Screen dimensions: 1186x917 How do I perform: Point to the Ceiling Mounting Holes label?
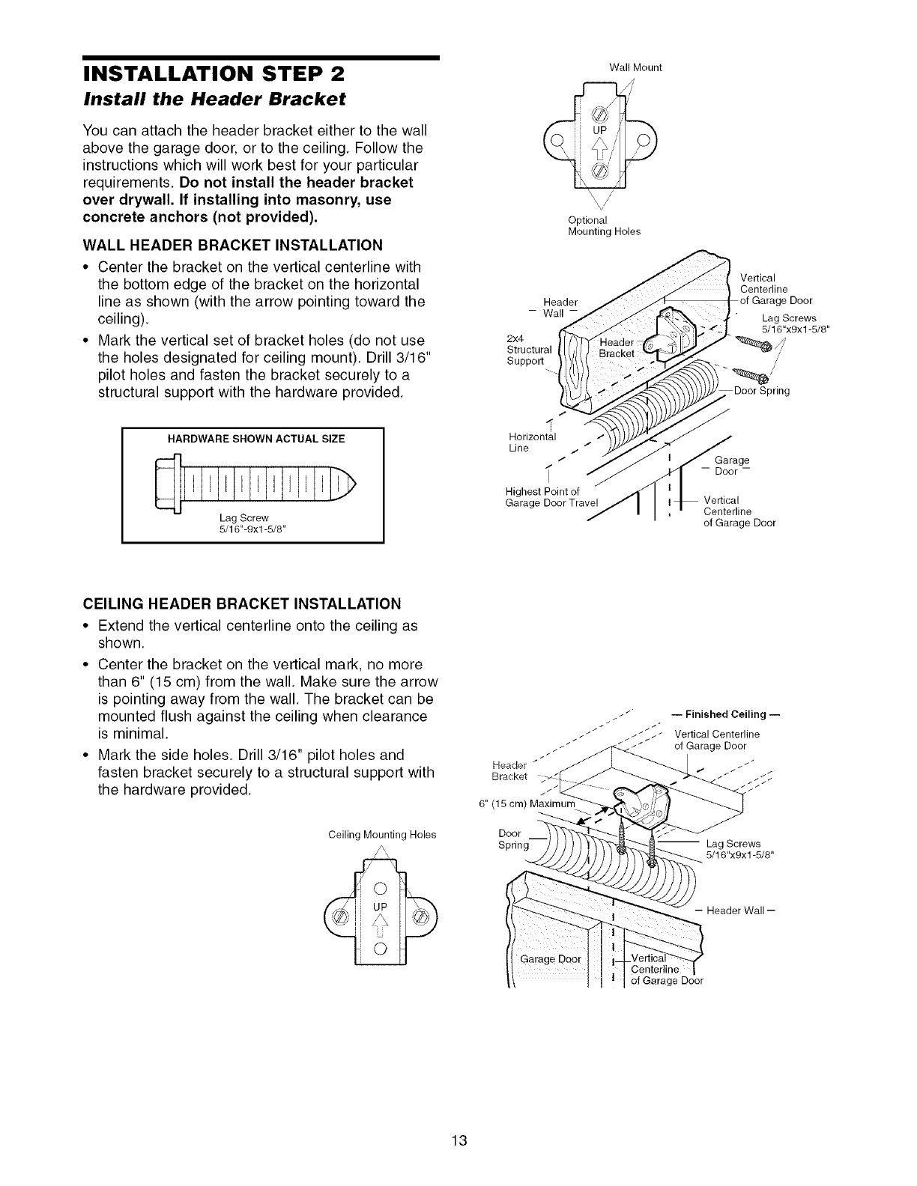click(382, 834)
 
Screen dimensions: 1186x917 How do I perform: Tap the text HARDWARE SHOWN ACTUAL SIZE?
click(252, 439)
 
